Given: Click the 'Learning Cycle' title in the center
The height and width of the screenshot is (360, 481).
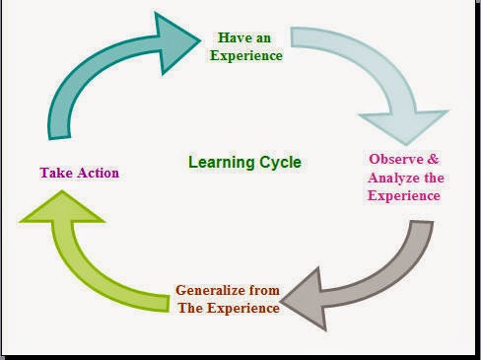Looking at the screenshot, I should point(244,162).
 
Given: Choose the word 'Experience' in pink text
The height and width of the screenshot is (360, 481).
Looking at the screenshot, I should point(403,195).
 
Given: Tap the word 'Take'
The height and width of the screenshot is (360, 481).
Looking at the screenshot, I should point(55,173).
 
